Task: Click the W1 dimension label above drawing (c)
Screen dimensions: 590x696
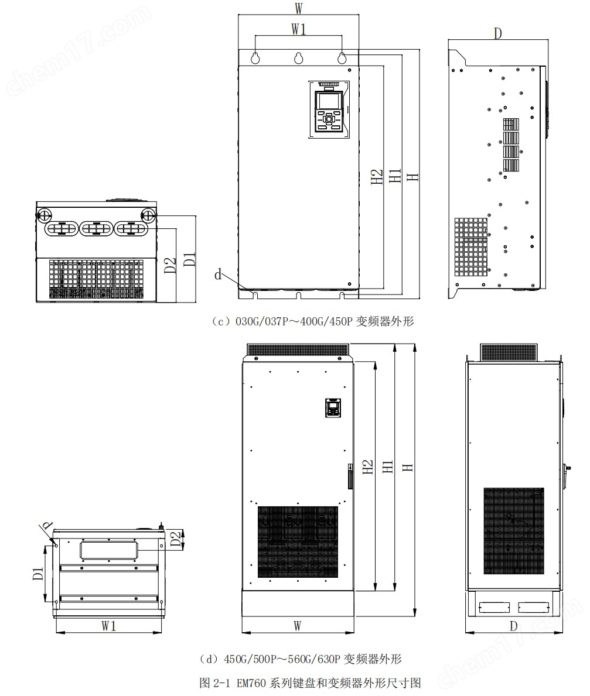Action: (x=299, y=29)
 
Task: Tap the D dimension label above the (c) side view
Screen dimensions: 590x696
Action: (x=498, y=33)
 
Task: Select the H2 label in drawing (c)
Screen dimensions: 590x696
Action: (x=377, y=177)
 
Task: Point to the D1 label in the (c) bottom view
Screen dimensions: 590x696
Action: (x=190, y=258)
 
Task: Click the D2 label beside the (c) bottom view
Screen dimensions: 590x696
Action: (x=170, y=265)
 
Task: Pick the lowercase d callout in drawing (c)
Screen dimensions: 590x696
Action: (x=218, y=275)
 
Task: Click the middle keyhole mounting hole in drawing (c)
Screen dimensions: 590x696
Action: (x=298, y=57)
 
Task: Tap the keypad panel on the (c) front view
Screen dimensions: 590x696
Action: (x=329, y=109)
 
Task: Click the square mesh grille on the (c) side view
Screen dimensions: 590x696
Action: (x=470, y=247)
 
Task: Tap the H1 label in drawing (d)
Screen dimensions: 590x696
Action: (x=388, y=467)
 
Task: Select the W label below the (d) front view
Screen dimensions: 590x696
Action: (x=298, y=626)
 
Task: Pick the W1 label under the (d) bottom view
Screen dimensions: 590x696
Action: (x=109, y=626)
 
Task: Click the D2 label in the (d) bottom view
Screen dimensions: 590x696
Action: (x=176, y=539)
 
